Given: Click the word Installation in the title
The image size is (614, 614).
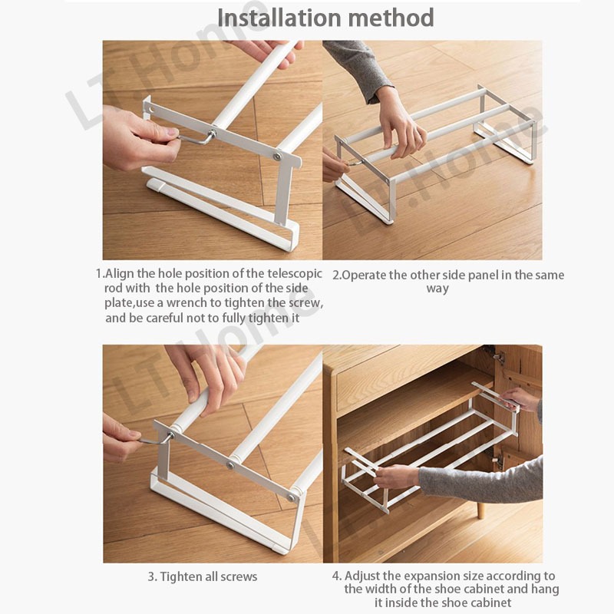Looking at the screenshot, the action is click(279, 18).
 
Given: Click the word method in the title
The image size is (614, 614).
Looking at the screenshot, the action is click(391, 18).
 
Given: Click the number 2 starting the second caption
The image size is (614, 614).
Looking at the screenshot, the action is click(335, 276).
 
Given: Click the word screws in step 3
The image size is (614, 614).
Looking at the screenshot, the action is click(239, 577).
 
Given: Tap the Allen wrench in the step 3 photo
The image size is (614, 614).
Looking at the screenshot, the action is click(156, 440).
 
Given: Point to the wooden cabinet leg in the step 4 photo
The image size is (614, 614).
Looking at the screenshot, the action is click(480, 511).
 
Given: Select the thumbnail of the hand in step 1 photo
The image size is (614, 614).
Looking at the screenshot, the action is click(171, 132).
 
